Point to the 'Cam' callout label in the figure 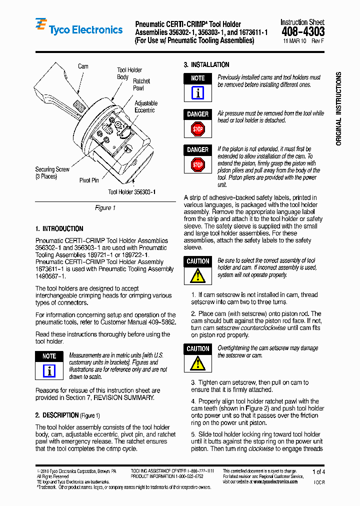83,66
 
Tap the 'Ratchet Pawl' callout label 141,84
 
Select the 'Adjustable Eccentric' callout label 145,106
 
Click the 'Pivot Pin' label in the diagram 89,180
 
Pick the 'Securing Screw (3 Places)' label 52,173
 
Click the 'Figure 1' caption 105,208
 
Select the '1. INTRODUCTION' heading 59,229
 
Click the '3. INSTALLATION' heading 206,65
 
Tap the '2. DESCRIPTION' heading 57,415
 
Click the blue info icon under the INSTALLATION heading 198,93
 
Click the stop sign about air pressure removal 198,129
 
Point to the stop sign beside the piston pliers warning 198,164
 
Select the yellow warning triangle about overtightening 198,363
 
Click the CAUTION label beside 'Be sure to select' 198,261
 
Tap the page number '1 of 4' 318,472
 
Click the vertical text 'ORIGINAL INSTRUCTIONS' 338,109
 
